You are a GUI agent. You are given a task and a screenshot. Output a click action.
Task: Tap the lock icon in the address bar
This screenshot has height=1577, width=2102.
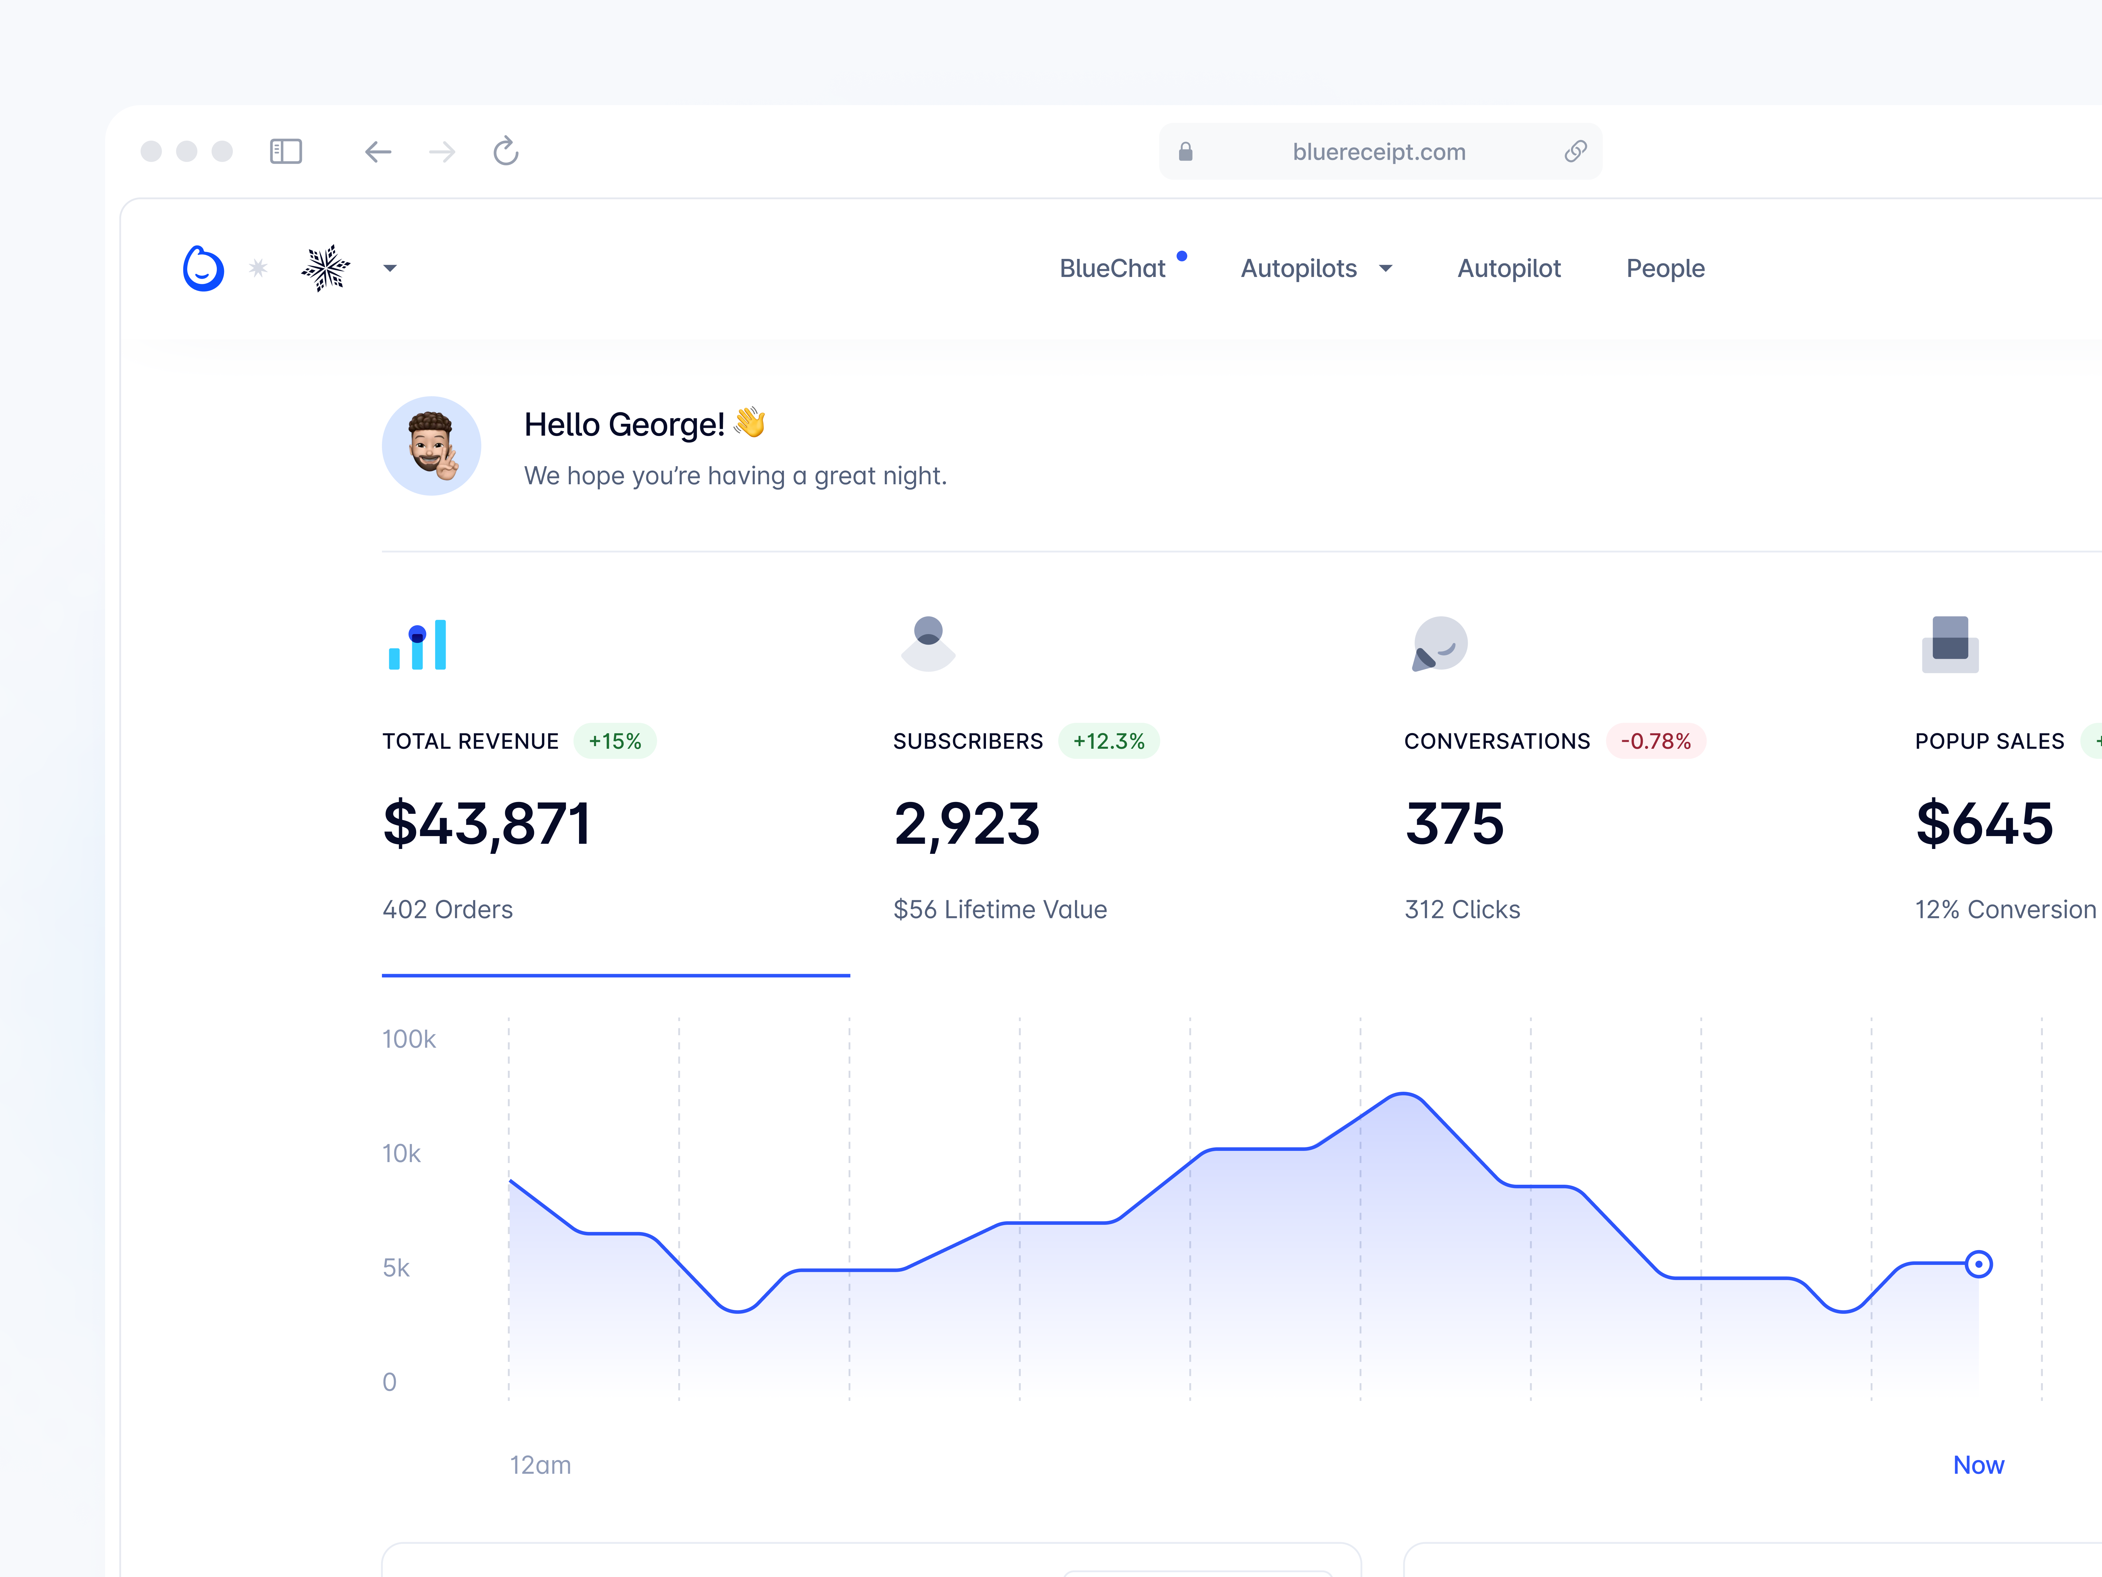(x=1185, y=152)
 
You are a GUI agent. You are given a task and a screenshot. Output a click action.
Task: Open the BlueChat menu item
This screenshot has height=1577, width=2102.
(x=1112, y=269)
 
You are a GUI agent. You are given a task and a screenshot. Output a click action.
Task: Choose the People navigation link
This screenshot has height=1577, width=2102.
(x=1665, y=269)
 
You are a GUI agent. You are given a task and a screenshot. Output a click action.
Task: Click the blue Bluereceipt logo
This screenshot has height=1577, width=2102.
(x=203, y=269)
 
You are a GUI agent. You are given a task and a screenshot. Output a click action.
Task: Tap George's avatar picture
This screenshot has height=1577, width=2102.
(x=432, y=446)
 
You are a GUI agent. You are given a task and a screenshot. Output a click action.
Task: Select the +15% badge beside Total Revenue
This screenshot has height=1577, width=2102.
(x=615, y=742)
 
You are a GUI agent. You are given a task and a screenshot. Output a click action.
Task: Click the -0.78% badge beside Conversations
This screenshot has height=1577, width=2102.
(x=1655, y=742)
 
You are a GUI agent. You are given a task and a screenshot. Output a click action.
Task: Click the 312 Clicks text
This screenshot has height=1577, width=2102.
(x=1462, y=910)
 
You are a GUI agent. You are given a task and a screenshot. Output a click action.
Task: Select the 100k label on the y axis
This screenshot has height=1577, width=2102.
(x=409, y=1039)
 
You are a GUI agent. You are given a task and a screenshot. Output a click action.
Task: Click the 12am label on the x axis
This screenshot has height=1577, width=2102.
(x=540, y=1465)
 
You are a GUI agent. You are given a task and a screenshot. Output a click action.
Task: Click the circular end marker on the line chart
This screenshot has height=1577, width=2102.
(x=1979, y=1264)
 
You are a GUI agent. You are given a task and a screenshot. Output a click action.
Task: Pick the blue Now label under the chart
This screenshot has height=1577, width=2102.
(x=1979, y=1465)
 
